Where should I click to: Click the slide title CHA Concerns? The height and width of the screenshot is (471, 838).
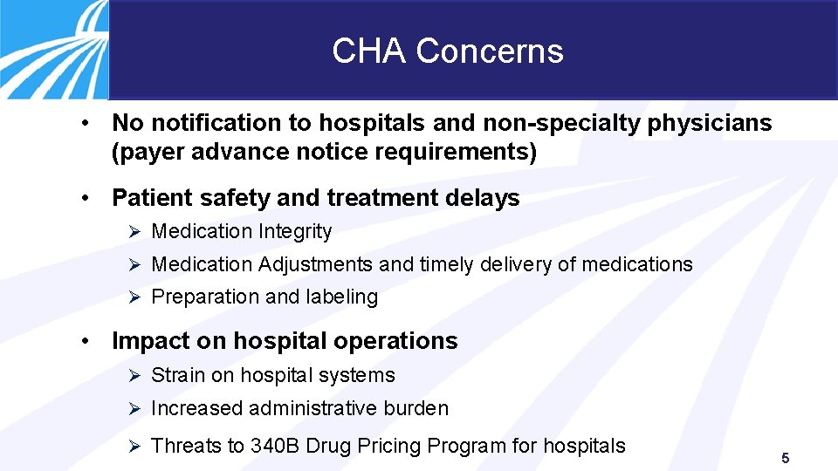tap(447, 51)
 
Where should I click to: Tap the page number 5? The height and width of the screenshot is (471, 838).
tap(786, 458)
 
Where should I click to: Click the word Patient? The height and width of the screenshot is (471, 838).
tap(151, 198)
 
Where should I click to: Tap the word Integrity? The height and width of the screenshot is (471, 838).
tap(294, 232)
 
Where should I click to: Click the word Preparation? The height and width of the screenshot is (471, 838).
tap(205, 297)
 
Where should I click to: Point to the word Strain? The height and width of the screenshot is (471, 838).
tap(177, 376)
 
